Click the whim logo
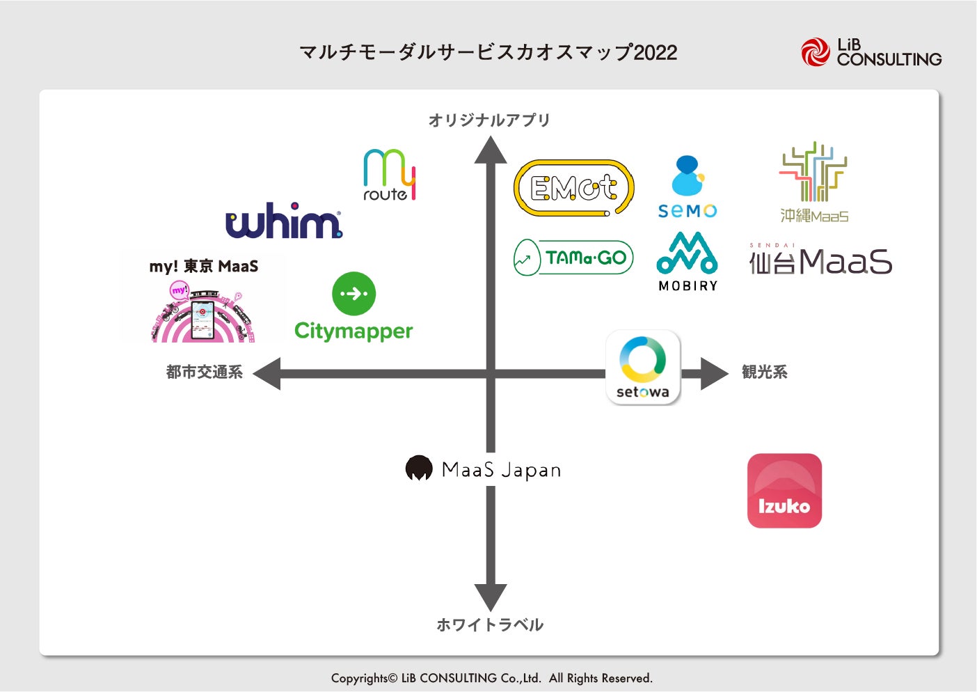[x=284, y=221]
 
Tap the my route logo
[x=389, y=175]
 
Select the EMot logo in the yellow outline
[x=574, y=188]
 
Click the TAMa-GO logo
[x=573, y=258]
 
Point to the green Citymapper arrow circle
[x=354, y=294]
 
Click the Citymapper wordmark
[x=354, y=331]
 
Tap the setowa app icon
[x=643, y=368]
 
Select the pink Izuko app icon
[x=784, y=491]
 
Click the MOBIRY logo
[x=688, y=261]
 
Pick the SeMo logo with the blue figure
[x=688, y=187]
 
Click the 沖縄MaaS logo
[x=813, y=182]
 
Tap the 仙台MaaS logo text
[x=821, y=262]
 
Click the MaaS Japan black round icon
[x=419, y=469]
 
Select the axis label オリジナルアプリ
[x=489, y=120]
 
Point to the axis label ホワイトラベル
[x=490, y=624]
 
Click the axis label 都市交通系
[x=205, y=372]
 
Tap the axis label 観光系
[x=764, y=372]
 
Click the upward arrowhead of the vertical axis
[x=491, y=149]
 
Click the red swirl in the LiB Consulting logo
[x=815, y=52]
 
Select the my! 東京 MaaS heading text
[x=204, y=266]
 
